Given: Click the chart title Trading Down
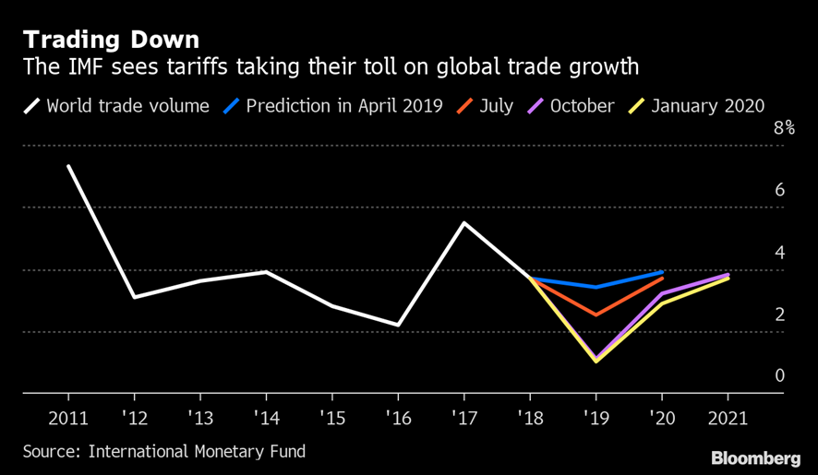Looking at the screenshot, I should (111, 41).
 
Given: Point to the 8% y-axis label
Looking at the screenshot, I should (784, 128).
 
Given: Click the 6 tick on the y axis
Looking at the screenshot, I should (780, 190).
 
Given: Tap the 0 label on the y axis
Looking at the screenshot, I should (780, 375).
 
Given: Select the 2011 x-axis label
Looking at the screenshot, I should (68, 417).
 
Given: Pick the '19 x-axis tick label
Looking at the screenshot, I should (595, 417).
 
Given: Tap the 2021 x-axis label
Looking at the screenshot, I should (727, 417).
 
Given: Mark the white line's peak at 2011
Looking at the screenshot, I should (68, 166).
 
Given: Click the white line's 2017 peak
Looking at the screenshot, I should (463, 222).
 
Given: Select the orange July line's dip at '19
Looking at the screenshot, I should (595, 315).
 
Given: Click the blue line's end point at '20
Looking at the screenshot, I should (661, 272).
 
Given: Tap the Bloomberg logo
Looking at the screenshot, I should (755, 458).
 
